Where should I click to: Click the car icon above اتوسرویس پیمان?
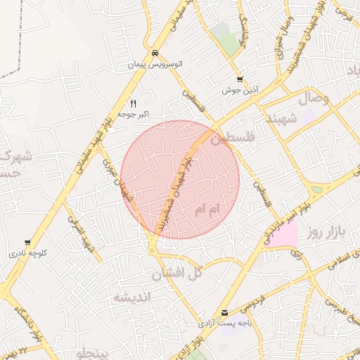pyautogui.click(x=155, y=53)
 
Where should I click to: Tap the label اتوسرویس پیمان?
pyautogui.click(x=155, y=64)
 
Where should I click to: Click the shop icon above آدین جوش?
pyautogui.click(x=240, y=79)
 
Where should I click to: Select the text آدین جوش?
pyautogui.click(x=240, y=90)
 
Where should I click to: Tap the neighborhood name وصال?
pyautogui.click(x=314, y=100)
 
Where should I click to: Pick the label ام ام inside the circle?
pyautogui.click(x=208, y=209)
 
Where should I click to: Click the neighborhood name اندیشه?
pyautogui.click(x=131, y=297)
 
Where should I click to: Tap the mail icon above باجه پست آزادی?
pyautogui.click(x=224, y=313)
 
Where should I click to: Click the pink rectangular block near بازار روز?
pyautogui.click(x=283, y=233)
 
